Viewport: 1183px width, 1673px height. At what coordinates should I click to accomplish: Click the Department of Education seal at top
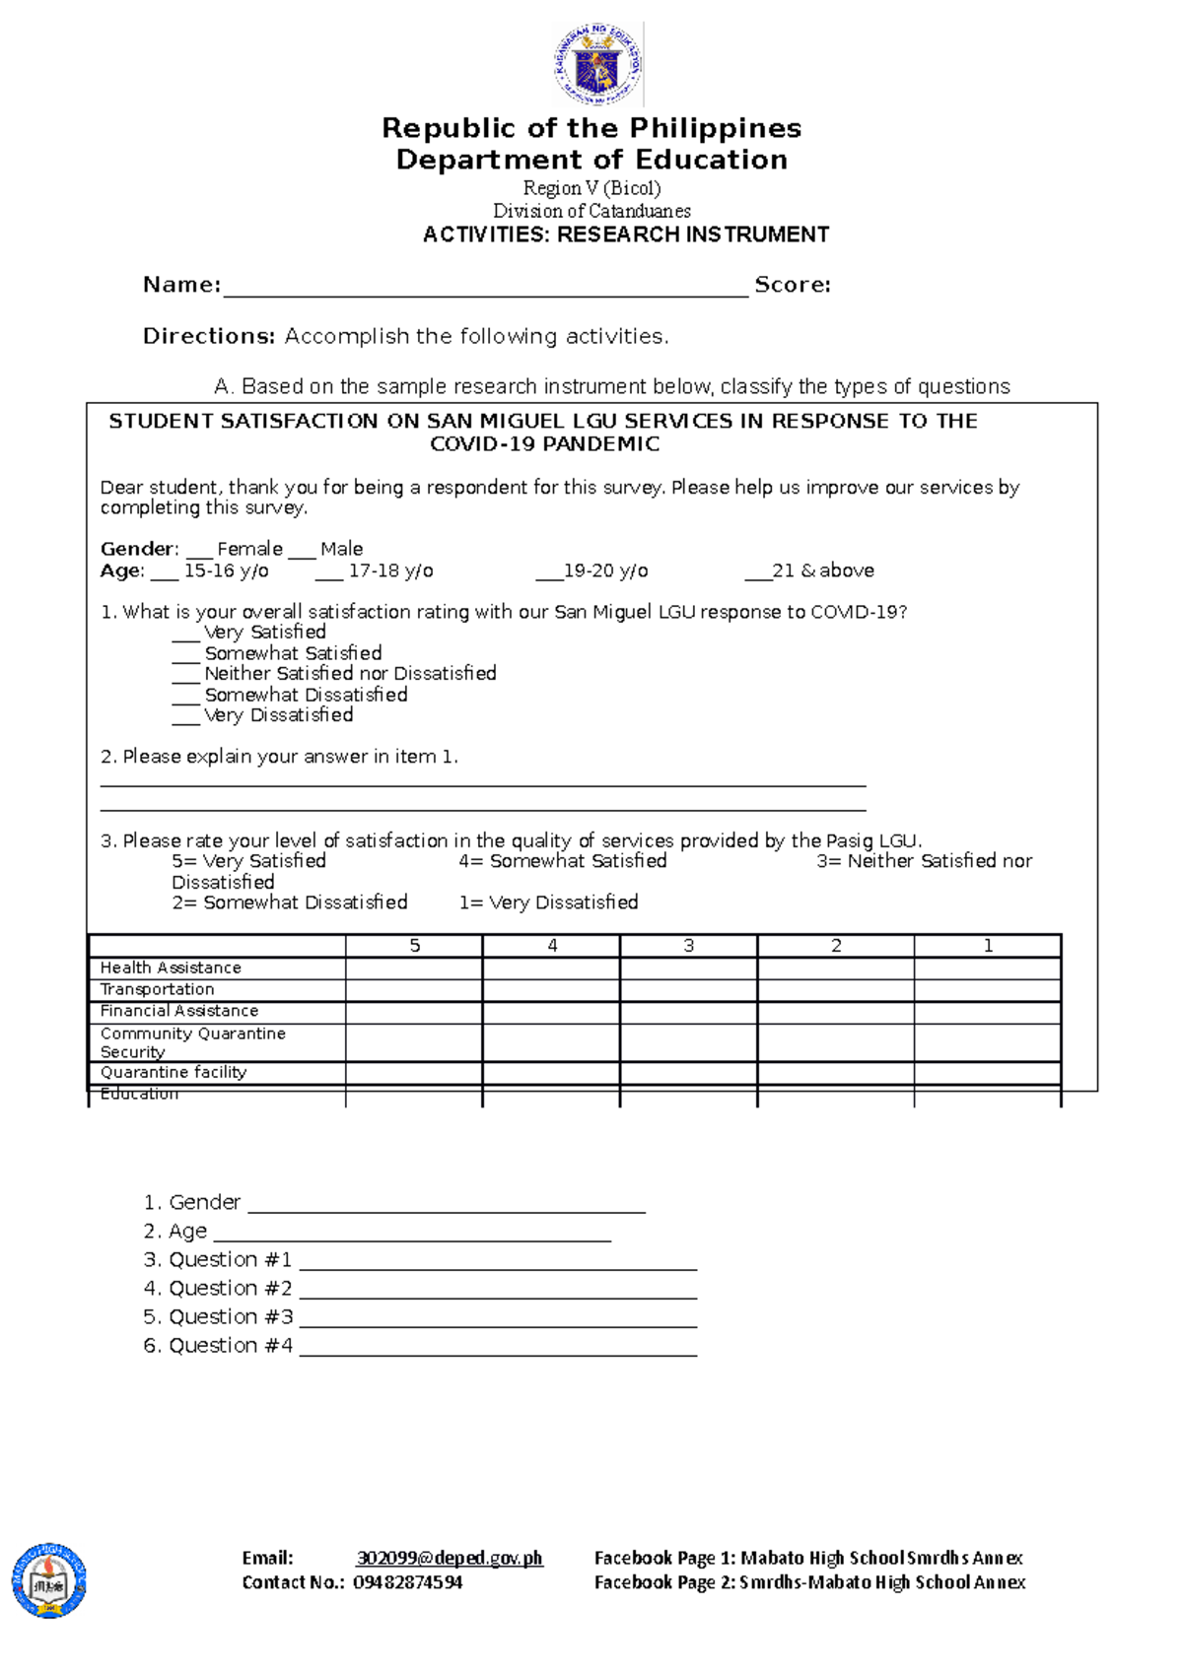tap(597, 64)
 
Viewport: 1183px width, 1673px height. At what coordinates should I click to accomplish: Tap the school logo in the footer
tap(49, 1580)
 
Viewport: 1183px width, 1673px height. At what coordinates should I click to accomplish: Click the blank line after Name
tap(485, 288)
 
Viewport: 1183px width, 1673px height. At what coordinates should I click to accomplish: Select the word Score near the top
tap(791, 285)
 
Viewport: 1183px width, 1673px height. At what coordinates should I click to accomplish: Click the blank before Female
tap(199, 551)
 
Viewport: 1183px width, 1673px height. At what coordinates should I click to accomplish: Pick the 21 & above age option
tap(810, 570)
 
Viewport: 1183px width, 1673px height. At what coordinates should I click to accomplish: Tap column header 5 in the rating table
tap(414, 946)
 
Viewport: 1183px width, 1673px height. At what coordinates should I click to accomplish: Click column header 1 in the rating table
tap(988, 946)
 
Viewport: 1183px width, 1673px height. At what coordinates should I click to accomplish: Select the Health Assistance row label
tap(171, 968)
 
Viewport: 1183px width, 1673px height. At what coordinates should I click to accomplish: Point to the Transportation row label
tap(157, 989)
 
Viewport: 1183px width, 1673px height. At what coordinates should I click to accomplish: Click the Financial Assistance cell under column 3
tap(688, 1012)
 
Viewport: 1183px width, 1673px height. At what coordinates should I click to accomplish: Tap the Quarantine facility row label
tap(174, 1072)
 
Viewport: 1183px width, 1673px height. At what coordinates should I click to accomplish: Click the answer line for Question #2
tap(498, 1292)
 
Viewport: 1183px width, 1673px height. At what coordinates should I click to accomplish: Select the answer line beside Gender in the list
tap(447, 1206)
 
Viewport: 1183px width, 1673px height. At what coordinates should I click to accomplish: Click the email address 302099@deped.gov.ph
tap(450, 1558)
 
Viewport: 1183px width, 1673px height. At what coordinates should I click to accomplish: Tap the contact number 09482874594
tap(407, 1582)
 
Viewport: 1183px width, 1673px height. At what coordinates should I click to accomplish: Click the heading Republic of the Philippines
tap(591, 128)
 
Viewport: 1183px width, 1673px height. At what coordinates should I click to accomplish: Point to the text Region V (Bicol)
tap(591, 188)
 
